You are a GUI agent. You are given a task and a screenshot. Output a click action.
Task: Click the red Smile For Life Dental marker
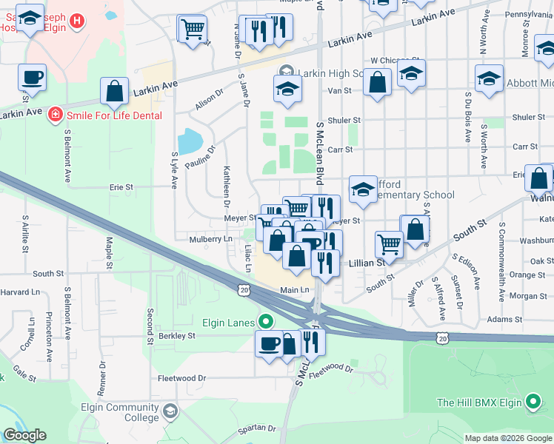(x=55, y=115)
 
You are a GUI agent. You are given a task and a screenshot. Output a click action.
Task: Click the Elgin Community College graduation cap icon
(x=170, y=410)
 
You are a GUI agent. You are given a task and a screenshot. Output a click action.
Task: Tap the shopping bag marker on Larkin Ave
(x=115, y=92)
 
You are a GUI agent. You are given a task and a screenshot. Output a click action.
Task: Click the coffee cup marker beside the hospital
(x=32, y=77)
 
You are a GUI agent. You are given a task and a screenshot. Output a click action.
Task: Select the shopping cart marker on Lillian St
(x=388, y=243)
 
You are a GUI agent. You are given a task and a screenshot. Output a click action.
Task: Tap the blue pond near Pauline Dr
(x=190, y=140)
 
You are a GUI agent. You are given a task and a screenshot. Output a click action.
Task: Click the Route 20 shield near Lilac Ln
(x=244, y=290)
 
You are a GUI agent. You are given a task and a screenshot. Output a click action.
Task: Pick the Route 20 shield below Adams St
(x=442, y=337)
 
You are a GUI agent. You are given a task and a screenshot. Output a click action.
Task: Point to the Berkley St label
(x=176, y=335)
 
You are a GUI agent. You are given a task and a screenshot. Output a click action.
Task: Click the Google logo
(x=24, y=435)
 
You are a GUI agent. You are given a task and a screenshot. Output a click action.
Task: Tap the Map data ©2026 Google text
(x=508, y=438)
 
